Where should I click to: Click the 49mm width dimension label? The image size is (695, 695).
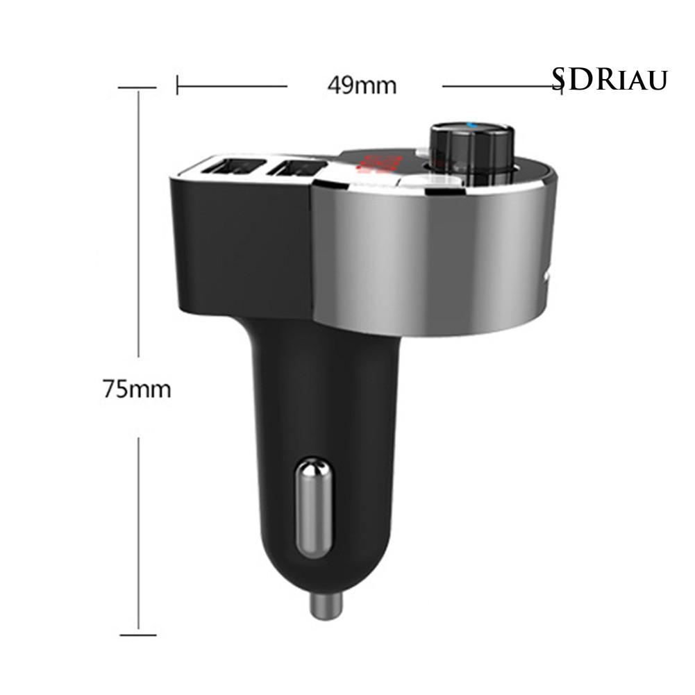pyautogui.click(x=362, y=86)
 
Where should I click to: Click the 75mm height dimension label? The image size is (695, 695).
pyautogui.click(x=137, y=389)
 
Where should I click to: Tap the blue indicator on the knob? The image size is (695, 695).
pyautogui.click(x=472, y=126)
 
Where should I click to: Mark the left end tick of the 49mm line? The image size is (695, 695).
pyautogui.click(x=178, y=86)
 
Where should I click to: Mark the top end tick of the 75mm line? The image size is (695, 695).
pyautogui.click(x=137, y=88)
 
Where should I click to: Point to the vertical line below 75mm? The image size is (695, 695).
pyautogui.click(x=138, y=535)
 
